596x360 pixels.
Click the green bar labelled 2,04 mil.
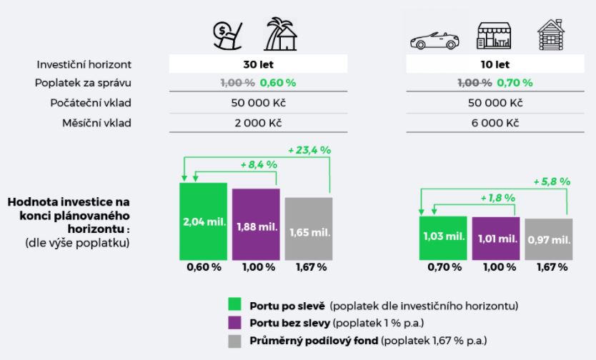click(x=203, y=221)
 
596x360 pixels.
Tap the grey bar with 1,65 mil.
click(x=309, y=229)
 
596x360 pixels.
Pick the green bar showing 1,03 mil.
click(x=443, y=237)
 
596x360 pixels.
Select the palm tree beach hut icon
click(x=281, y=33)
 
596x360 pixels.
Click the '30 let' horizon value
click(x=258, y=64)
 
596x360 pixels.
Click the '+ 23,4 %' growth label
click(x=309, y=151)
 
